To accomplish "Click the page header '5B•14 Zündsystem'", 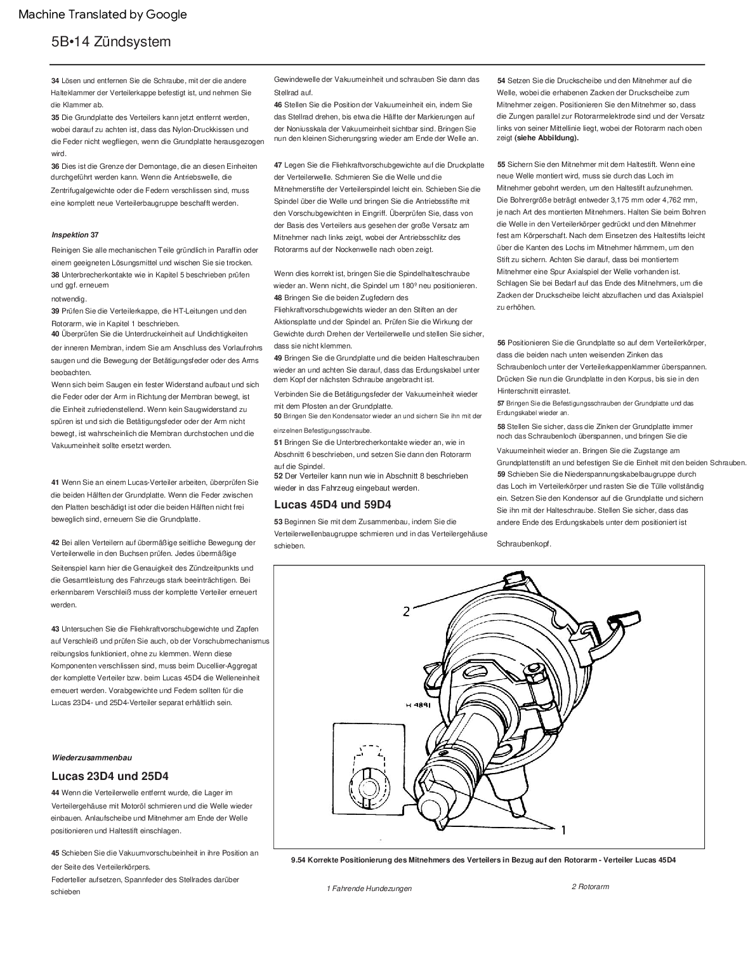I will coord(111,42).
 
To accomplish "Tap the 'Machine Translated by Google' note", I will coord(103,14).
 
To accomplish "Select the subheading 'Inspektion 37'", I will coord(75,235).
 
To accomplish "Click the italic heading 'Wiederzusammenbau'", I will coord(92,757).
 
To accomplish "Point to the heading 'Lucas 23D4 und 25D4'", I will coord(110,776).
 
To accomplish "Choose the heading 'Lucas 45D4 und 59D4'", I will coord(332,505).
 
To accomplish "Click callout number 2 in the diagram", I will coord(407,612).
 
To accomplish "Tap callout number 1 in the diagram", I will coord(563,829).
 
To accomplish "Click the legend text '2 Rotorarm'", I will coord(590,887).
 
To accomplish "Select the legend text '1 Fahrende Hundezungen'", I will coord(369,888).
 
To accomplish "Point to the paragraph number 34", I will coord(55,81).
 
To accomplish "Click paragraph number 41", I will coord(55,482).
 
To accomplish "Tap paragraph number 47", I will coord(278,165).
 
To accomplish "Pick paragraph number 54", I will coord(501,81).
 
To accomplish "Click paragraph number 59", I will coord(501,474).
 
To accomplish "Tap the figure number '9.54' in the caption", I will coord(298,860).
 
